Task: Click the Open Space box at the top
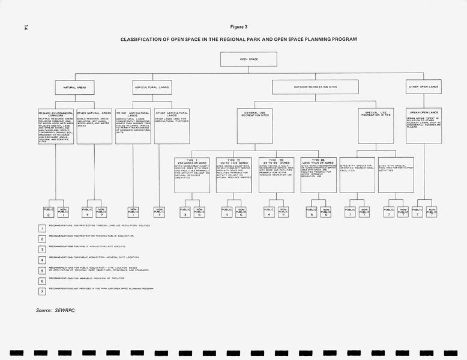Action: click(249, 59)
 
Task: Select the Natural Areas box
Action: click(75, 87)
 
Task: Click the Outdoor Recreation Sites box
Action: click(315, 87)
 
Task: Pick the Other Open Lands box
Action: click(423, 87)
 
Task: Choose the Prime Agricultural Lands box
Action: click(133, 126)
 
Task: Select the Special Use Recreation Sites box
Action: click(376, 126)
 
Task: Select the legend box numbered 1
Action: click(42, 227)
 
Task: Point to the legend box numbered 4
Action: click(42, 259)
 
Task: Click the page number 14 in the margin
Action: click(25, 27)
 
